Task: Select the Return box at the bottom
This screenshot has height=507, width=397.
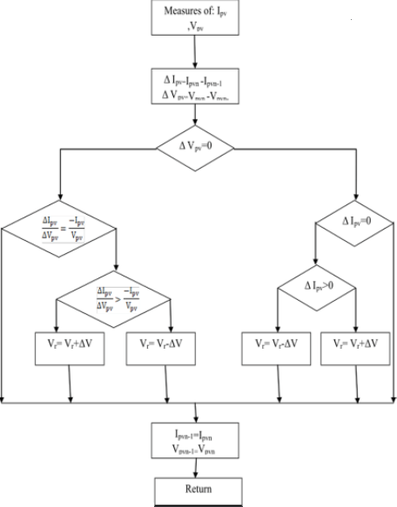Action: [198, 490]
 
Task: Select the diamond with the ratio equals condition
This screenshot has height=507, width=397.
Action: [60, 230]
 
